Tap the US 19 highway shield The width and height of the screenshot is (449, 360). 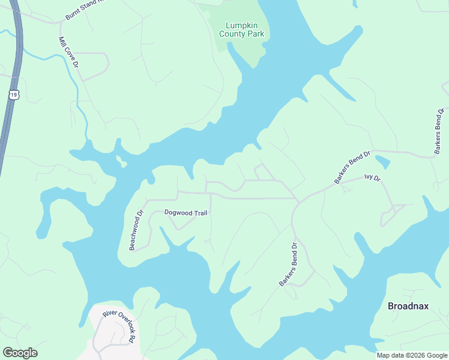tap(14, 94)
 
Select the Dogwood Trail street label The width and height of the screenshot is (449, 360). tap(185, 212)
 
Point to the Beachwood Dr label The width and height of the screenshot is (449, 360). tap(136, 230)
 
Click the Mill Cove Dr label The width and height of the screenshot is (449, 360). tap(68, 52)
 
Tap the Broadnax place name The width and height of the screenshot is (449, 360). tap(408, 306)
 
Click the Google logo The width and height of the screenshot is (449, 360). tap(20, 353)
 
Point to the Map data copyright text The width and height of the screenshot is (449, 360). tap(412, 355)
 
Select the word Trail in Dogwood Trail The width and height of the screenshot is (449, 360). tap(199, 212)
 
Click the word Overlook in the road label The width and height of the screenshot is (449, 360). tap(119, 323)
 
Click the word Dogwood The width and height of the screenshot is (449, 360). tap(177, 212)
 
